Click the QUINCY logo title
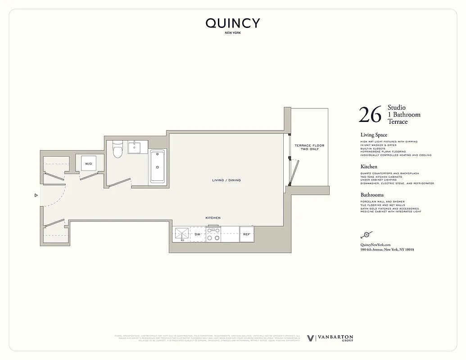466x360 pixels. click(x=233, y=23)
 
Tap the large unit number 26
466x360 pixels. click(x=370, y=115)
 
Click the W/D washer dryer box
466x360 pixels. click(x=88, y=164)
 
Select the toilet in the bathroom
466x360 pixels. click(x=118, y=149)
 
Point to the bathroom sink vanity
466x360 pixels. click(x=134, y=147)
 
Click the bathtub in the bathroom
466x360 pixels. click(x=157, y=166)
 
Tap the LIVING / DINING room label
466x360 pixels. click(x=226, y=180)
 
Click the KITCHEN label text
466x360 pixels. click(x=213, y=218)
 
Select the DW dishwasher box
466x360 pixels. click(x=197, y=234)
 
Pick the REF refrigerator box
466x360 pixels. click(x=246, y=234)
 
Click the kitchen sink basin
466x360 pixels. click(x=182, y=234)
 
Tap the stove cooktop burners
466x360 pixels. click(x=213, y=234)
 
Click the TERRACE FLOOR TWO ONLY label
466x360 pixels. click(x=309, y=147)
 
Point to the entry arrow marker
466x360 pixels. click(x=36, y=195)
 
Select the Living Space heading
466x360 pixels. click(x=374, y=135)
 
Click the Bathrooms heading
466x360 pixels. click(x=372, y=195)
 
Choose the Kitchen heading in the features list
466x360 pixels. click(x=369, y=166)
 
